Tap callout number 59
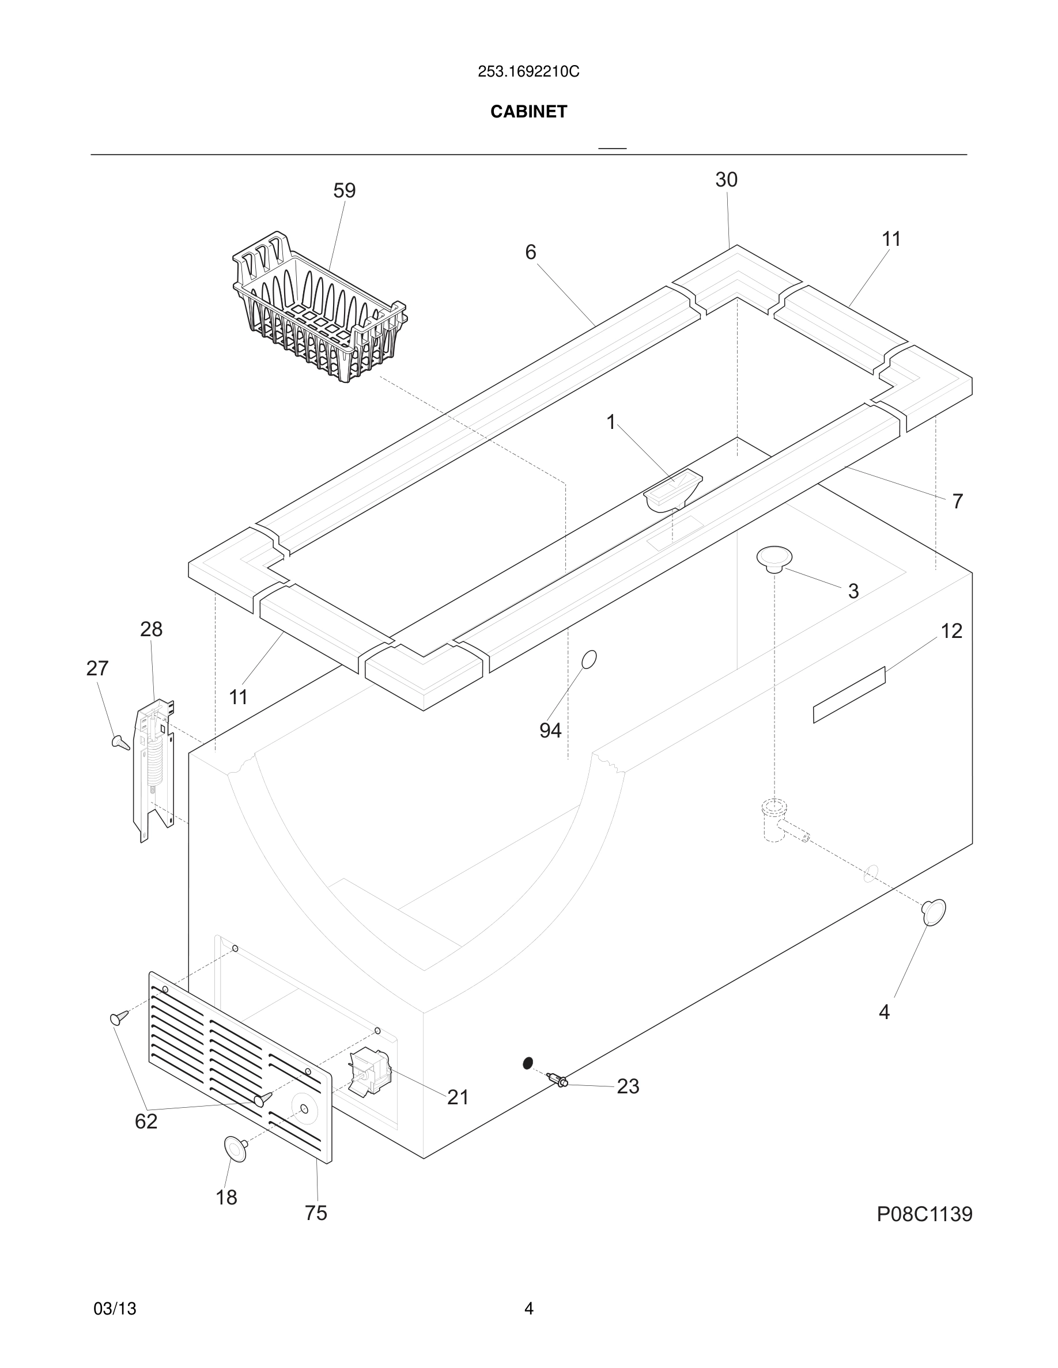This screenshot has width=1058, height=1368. (x=344, y=191)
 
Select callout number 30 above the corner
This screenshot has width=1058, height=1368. (x=726, y=180)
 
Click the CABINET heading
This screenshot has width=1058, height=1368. (x=528, y=112)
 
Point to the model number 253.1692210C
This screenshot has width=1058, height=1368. (x=528, y=72)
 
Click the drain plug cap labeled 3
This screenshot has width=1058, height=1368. (x=774, y=557)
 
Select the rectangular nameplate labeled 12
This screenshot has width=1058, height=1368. (x=849, y=694)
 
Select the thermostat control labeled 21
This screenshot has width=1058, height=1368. (x=370, y=1073)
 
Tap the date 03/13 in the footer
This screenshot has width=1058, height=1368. (x=115, y=1309)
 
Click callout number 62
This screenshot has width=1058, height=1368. (x=146, y=1121)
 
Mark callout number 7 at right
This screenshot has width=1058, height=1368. (x=957, y=501)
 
